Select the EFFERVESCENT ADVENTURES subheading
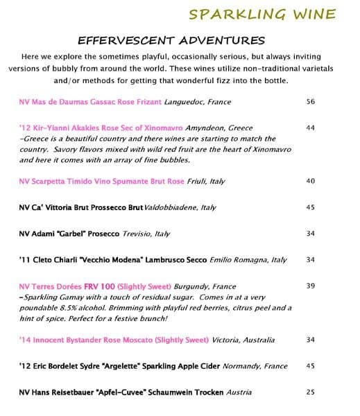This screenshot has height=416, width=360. coord(171,40)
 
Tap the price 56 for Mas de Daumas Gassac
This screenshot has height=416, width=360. coord(310,102)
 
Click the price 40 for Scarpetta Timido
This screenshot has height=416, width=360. coord(310,181)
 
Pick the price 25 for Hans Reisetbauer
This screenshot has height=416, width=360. coord(310,392)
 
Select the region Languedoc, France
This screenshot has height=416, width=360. coord(198,102)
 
